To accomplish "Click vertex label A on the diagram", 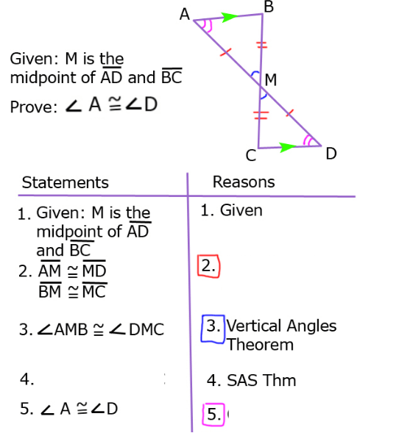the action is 185,14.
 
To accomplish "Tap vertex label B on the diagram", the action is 269,7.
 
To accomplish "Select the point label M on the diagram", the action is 271,80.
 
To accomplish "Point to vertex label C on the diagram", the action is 251,155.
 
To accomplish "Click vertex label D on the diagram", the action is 331,154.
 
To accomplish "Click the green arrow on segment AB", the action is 230,17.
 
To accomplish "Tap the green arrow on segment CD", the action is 288,147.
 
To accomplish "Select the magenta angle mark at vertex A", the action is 208,26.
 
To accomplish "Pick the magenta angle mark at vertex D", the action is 308,141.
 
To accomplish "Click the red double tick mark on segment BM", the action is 262,45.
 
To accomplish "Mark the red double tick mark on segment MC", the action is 261,115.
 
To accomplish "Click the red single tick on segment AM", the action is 225,52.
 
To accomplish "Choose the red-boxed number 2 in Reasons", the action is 209,266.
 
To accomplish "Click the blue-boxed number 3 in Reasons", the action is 213,329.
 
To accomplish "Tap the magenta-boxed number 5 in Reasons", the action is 213,415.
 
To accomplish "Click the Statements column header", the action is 66,182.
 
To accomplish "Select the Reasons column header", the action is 244,182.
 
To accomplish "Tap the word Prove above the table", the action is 33,107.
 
